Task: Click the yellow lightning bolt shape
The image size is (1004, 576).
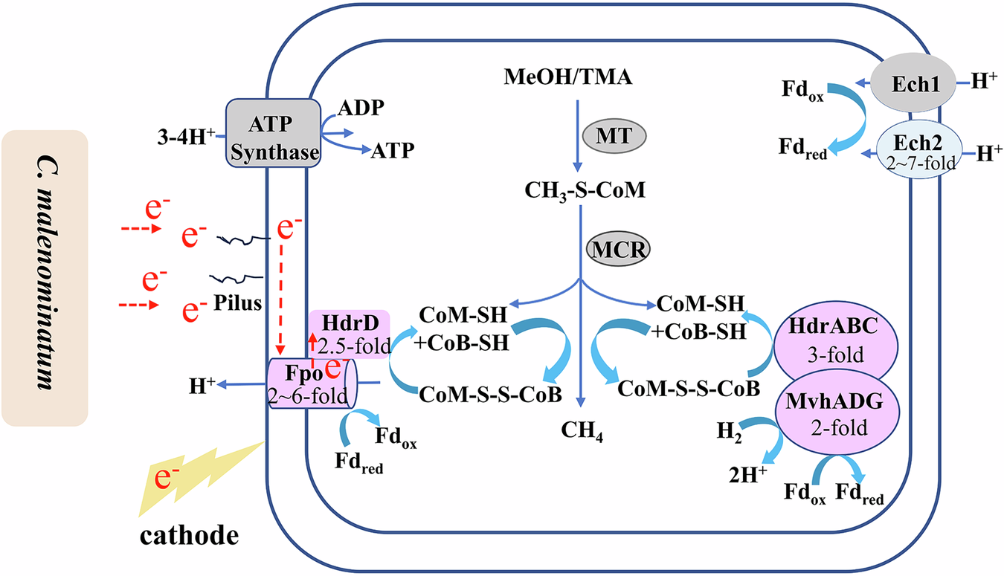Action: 198,476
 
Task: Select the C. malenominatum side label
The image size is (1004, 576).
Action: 45,278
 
